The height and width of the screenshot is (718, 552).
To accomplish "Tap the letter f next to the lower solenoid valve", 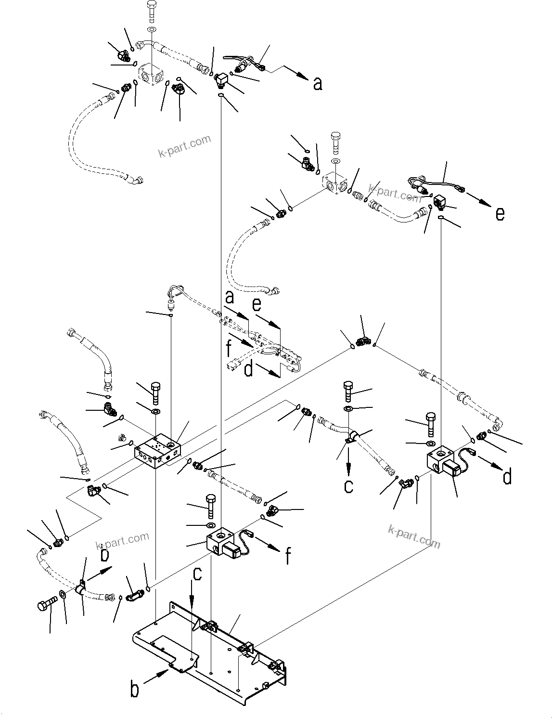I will (288, 556).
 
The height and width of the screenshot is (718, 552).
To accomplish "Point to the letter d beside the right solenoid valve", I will (507, 477).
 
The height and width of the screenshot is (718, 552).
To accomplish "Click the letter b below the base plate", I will (135, 689).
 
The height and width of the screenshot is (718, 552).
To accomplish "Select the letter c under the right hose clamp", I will (349, 486).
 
